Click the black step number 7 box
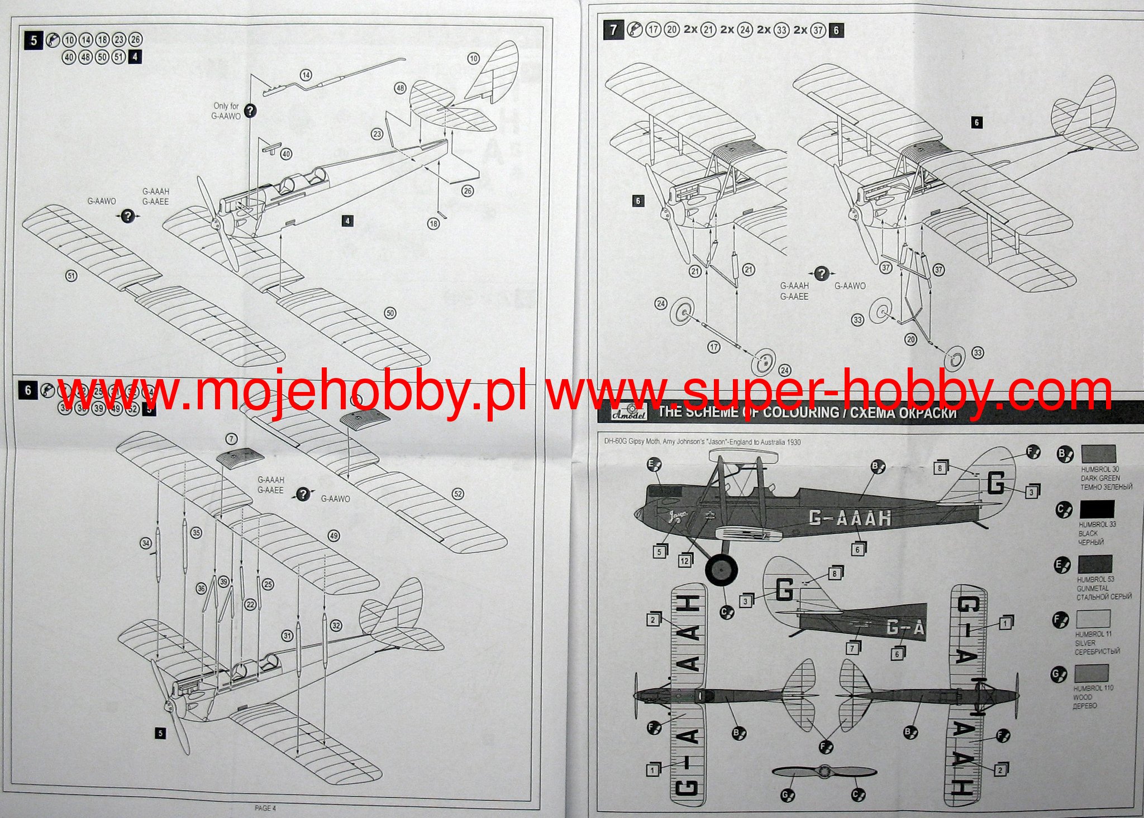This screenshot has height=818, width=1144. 613,30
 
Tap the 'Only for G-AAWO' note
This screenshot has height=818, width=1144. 226,111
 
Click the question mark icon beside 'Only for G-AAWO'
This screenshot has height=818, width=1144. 251,111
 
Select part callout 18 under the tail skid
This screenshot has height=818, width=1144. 433,223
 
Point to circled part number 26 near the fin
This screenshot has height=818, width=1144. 468,191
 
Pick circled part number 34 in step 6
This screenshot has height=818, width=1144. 146,543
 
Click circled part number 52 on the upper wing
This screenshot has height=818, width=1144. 458,494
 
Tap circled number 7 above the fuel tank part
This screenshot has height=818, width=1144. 232,439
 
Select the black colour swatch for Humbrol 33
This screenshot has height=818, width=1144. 1097,509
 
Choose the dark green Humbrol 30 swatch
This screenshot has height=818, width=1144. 1098,454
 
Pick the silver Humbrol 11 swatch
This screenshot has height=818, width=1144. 1093,619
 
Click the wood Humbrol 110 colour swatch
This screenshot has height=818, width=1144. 1091,673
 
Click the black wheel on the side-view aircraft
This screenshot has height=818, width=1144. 721,570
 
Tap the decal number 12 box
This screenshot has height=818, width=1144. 685,561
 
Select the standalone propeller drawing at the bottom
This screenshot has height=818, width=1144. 823,772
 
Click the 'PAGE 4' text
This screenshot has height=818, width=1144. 265,808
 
